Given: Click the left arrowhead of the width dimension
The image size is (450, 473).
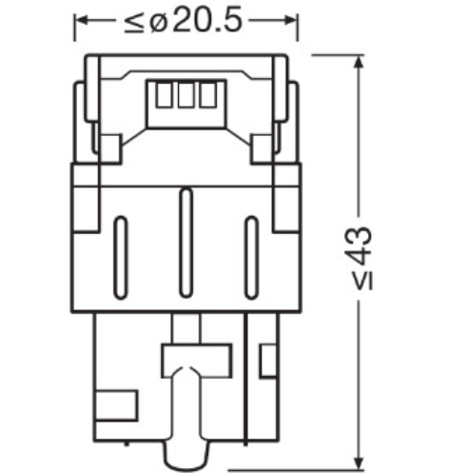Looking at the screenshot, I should pos(80,20).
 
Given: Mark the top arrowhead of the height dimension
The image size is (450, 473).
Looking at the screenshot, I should pos(358,61).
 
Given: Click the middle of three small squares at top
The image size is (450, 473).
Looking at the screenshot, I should pos(185,97).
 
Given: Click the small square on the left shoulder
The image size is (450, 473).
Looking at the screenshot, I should pos(108,149).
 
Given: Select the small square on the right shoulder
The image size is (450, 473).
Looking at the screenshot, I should pos(261,149).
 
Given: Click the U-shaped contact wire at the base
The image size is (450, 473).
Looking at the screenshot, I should pos(186,409).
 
